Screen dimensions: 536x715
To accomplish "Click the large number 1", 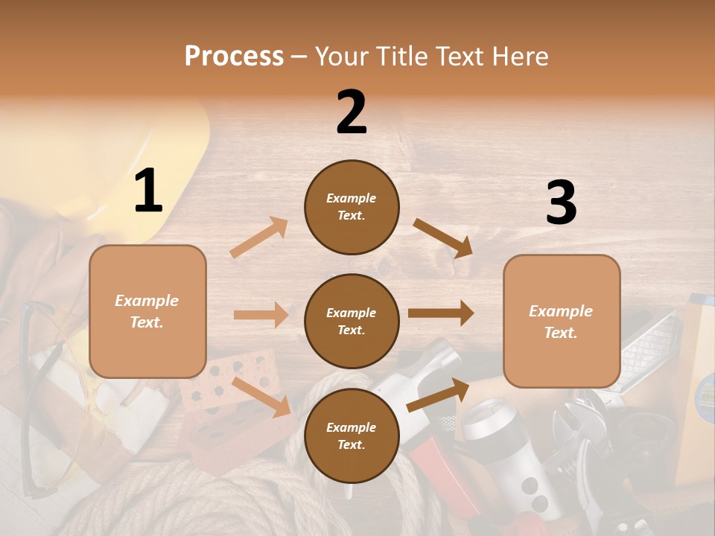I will click(x=148, y=191).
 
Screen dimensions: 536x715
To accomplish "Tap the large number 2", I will click(x=352, y=112).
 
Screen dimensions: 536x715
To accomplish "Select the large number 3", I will click(x=561, y=203).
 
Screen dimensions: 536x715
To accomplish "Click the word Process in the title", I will click(x=234, y=56).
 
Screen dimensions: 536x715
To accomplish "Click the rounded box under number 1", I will click(x=147, y=311).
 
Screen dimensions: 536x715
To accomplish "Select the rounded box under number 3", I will click(x=562, y=321).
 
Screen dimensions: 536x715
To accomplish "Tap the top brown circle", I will click(x=352, y=207).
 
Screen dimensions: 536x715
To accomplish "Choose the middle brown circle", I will click(x=352, y=321).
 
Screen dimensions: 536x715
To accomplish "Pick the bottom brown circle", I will click(x=352, y=435).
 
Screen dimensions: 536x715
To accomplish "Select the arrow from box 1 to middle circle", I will click(x=261, y=315).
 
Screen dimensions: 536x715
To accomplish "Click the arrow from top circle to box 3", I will click(x=443, y=238).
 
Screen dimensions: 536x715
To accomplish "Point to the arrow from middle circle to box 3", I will click(x=441, y=313).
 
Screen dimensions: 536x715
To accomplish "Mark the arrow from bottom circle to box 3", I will click(x=438, y=395).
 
